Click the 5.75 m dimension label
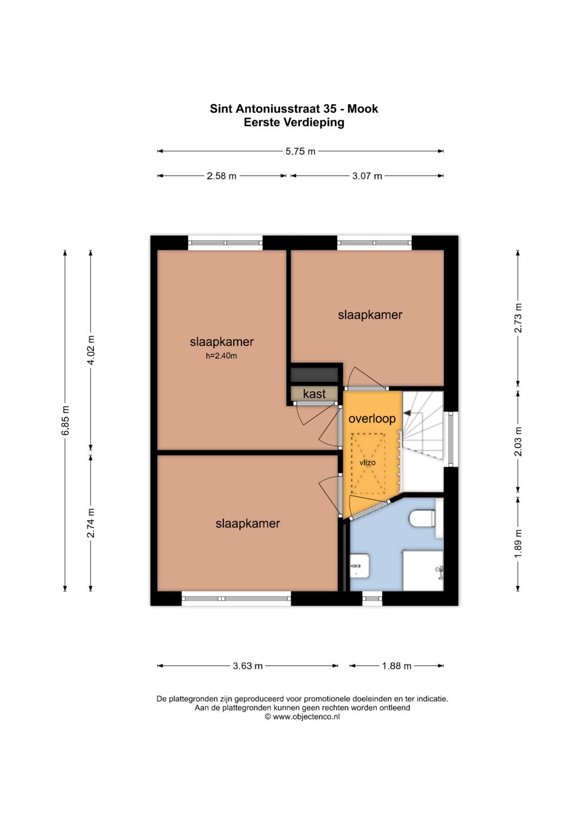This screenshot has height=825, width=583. (300, 151)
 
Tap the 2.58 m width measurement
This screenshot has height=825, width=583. (221, 176)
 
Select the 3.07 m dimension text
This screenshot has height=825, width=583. (367, 176)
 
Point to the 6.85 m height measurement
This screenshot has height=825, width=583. (65, 420)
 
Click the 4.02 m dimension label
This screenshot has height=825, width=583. (91, 350)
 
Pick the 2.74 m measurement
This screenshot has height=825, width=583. (91, 522)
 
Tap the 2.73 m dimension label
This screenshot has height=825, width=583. (518, 318)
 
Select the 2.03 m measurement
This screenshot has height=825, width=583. (518, 441)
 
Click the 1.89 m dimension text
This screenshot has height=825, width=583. (518, 544)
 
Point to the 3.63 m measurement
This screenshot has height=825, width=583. (248, 666)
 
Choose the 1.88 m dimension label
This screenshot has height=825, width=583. (396, 666)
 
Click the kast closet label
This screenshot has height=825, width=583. (314, 394)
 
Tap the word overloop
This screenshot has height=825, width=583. (372, 418)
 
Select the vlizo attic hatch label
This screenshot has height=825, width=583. (368, 462)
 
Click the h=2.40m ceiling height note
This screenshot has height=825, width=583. (221, 356)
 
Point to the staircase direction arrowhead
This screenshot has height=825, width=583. (408, 413)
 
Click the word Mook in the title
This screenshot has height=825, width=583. (363, 109)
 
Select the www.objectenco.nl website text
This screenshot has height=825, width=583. (306, 717)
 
